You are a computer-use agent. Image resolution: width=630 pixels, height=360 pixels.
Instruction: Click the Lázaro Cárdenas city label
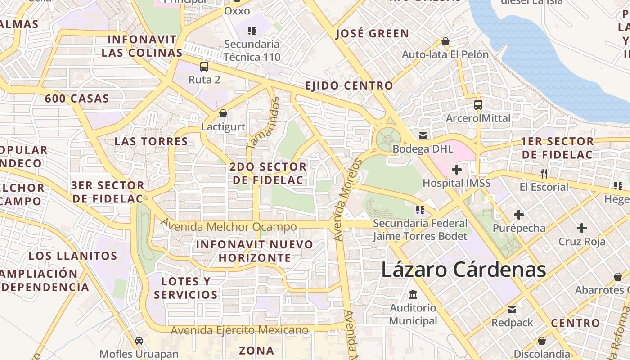[463, 270]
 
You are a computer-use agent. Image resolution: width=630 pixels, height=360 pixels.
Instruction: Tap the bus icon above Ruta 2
[204, 67]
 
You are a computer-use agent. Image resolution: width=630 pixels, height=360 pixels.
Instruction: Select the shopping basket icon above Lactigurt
[223, 113]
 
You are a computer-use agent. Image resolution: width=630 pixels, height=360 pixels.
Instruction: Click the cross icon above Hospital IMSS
[457, 170]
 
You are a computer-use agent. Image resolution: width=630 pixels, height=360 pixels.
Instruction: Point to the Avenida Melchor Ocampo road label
[229, 225]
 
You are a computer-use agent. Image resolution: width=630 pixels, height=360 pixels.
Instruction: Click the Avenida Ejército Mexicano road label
[239, 330]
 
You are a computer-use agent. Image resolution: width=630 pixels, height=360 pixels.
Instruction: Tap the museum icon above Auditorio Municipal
[413, 295]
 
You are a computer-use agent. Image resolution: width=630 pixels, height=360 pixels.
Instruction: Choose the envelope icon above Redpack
[512, 310]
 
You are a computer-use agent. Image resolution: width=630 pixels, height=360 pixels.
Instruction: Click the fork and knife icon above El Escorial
[544, 173]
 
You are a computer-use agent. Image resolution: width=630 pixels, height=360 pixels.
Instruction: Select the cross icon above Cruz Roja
[582, 228]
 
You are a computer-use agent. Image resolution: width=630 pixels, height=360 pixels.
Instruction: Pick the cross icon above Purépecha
[519, 215]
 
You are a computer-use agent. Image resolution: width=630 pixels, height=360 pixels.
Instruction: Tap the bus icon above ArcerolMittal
[478, 105]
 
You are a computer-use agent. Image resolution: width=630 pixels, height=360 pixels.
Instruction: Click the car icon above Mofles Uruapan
[139, 341]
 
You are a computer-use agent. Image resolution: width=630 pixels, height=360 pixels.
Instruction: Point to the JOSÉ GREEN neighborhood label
[372, 34]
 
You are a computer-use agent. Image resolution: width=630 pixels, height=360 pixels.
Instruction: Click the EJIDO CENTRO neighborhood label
[349, 85]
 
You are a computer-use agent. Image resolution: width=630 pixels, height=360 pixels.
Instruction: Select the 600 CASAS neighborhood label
[77, 99]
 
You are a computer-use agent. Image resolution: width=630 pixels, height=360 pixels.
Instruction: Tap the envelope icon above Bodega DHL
[423, 135]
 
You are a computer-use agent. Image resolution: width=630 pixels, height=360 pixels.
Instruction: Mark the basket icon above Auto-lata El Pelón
[445, 41]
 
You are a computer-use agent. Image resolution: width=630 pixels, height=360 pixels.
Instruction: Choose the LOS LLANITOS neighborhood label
[73, 256]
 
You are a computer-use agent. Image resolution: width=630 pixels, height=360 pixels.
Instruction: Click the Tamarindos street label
[263, 123]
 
